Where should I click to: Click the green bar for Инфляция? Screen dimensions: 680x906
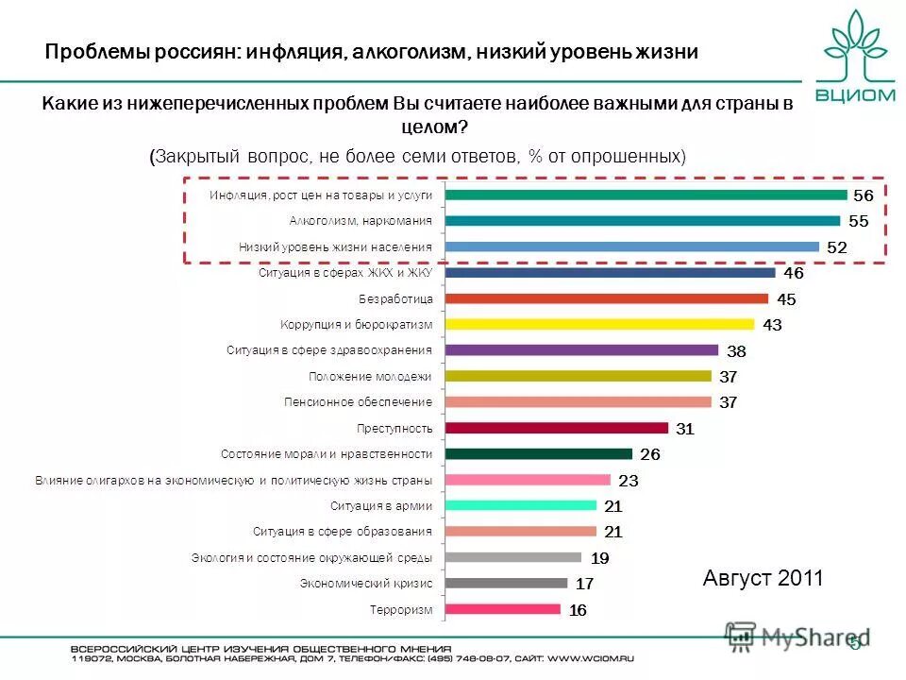(646, 195)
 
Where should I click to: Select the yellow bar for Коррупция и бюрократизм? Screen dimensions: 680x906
(598, 324)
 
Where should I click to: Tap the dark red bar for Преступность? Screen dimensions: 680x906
(556, 428)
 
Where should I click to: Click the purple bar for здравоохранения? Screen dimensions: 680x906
(581, 350)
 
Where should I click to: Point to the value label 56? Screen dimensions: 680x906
(863, 195)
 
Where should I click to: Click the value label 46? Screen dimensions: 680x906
(793, 273)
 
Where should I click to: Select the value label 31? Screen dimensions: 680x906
(685, 429)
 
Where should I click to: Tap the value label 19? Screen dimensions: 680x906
(599, 558)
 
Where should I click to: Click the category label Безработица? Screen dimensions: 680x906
(395, 298)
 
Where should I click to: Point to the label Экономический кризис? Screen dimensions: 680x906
(366, 584)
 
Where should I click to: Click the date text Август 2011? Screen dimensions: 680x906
(763, 578)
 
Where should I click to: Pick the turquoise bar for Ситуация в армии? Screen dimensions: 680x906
(520, 505)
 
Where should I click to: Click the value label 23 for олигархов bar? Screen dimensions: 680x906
(628, 480)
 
